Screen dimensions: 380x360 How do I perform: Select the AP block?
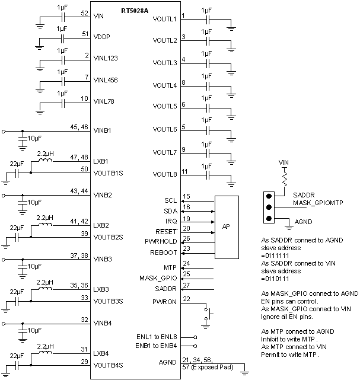226,227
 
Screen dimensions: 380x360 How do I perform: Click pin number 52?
84,13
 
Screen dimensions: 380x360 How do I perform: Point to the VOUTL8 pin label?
164,175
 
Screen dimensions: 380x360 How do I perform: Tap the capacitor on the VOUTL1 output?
206,19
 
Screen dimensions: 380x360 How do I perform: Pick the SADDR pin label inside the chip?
166,289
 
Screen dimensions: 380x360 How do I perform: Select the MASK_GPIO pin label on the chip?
158,277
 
